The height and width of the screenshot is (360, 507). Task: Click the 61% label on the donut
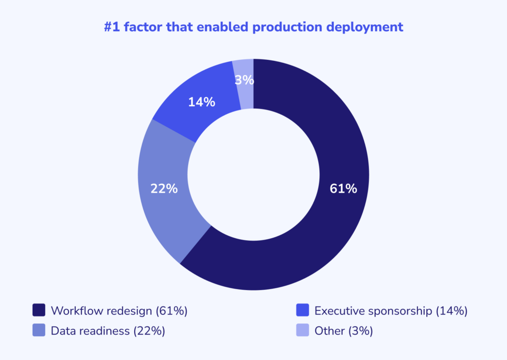point(343,189)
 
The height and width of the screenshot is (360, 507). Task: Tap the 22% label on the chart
point(164,189)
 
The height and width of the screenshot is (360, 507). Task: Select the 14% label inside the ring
point(202,103)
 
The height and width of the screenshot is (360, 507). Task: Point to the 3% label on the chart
point(245,80)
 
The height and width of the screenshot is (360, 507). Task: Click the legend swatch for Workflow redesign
point(39,310)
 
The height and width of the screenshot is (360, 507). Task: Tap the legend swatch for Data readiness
point(39,330)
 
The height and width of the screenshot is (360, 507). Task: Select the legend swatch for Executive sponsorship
point(303,310)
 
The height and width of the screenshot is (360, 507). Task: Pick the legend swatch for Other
point(303,330)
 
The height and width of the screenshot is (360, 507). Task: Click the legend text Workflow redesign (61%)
point(119,311)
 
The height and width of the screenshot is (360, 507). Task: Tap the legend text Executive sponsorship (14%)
point(391,311)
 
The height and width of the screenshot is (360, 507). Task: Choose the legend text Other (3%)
point(344,331)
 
